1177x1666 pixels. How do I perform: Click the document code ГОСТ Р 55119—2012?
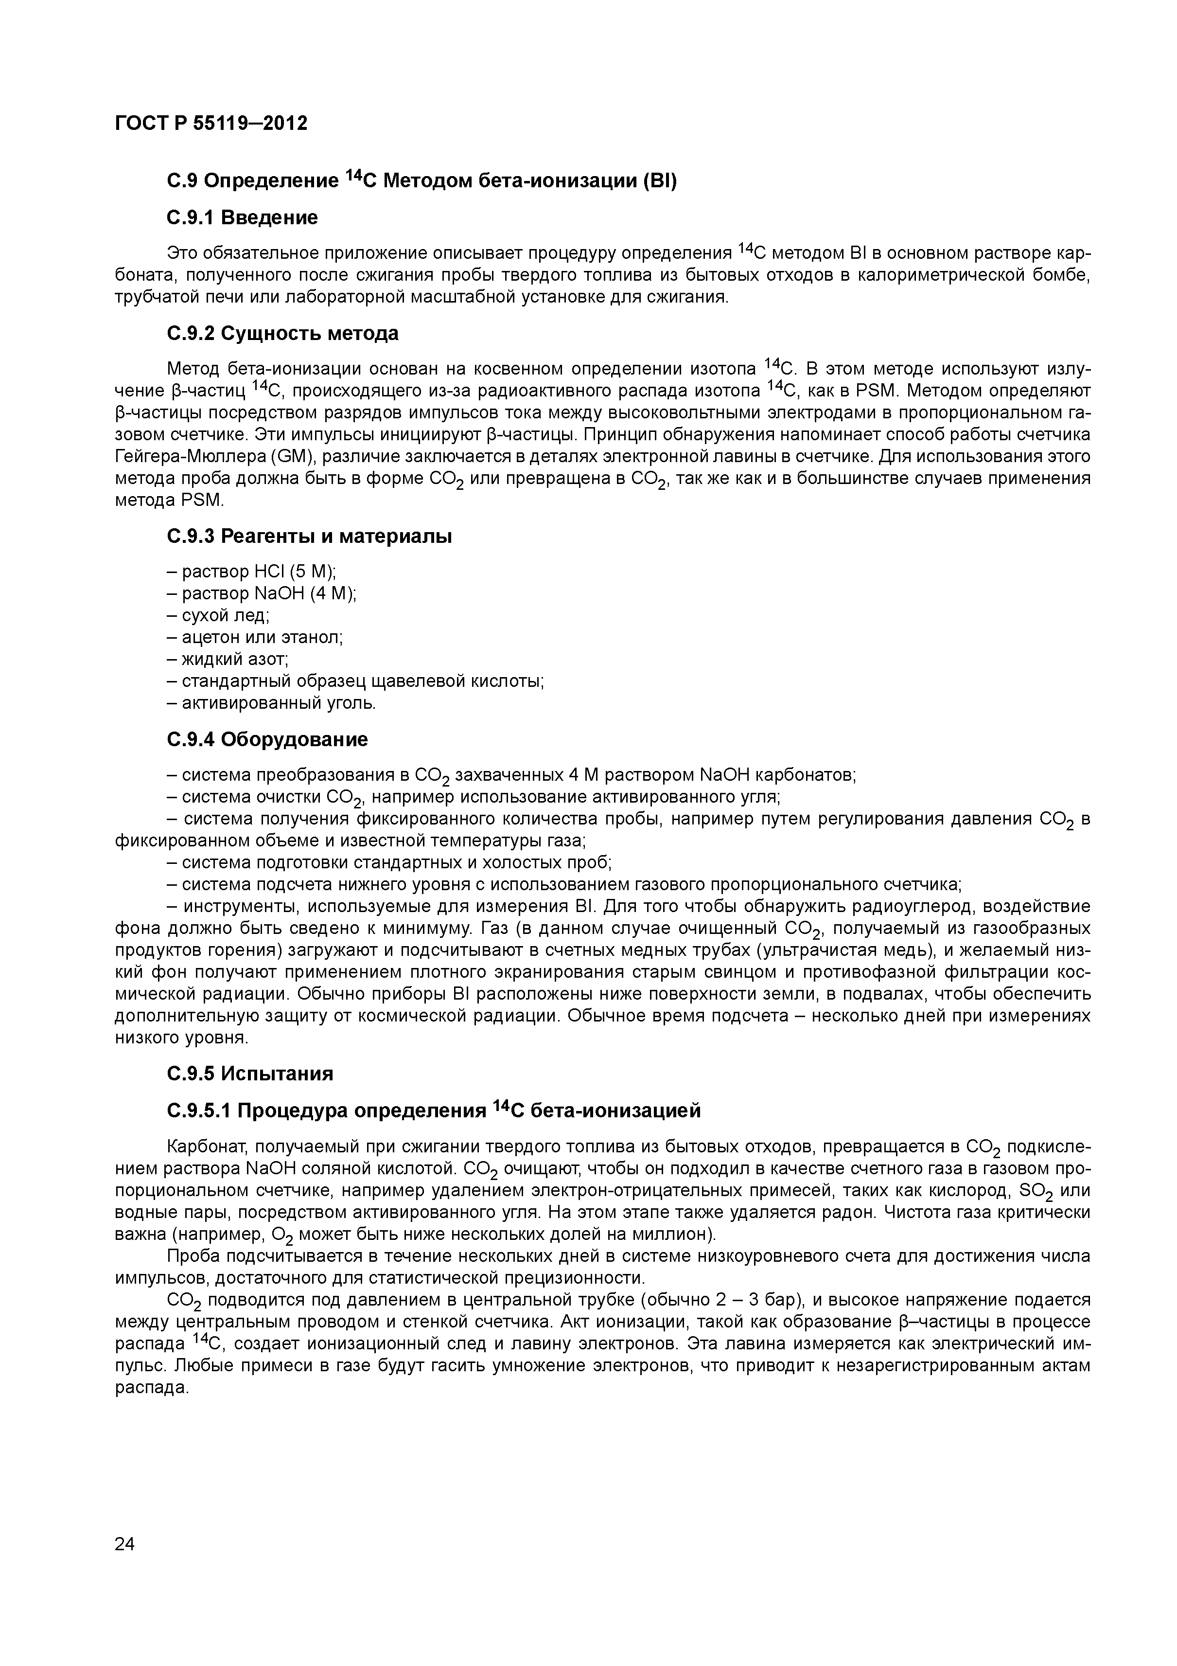tap(211, 124)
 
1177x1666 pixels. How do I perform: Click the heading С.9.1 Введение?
tap(242, 218)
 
